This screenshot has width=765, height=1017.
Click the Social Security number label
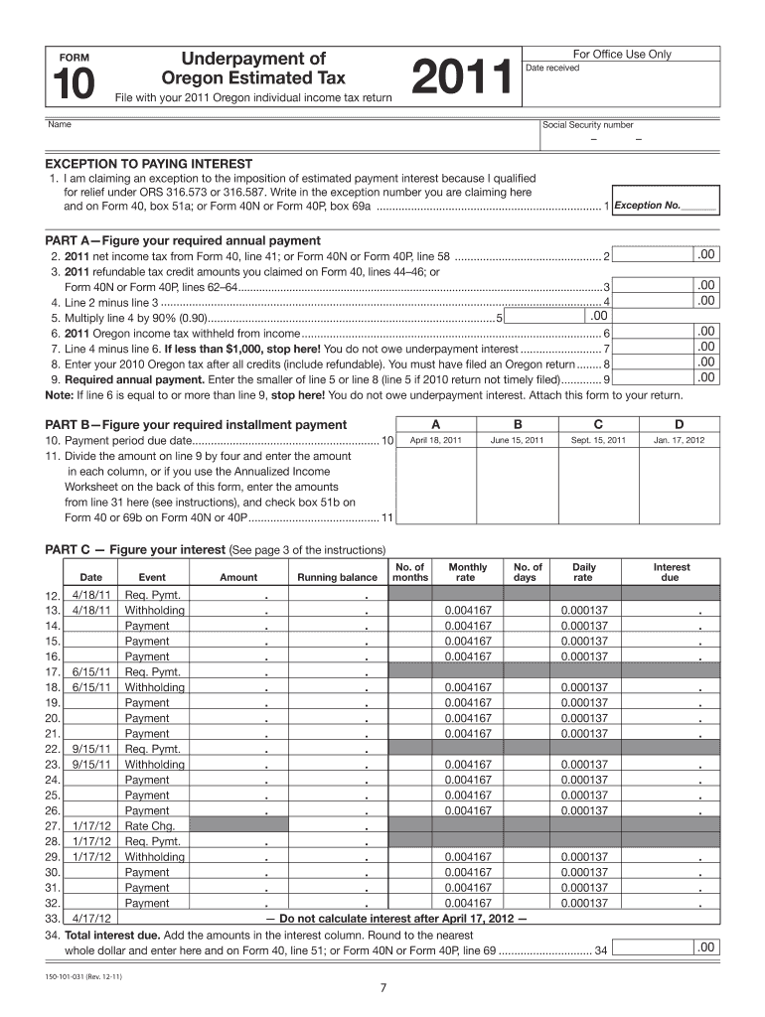pos(588,125)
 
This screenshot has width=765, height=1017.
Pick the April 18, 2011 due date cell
pos(436,439)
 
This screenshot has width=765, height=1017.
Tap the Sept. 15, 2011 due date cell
pos(598,439)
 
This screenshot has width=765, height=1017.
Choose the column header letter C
pos(598,423)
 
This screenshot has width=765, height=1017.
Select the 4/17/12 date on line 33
pos(90,919)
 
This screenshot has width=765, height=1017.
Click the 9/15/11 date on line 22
pos(90,749)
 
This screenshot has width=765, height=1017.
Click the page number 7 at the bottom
pos(383,987)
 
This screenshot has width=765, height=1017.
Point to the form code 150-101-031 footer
pos(89,975)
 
